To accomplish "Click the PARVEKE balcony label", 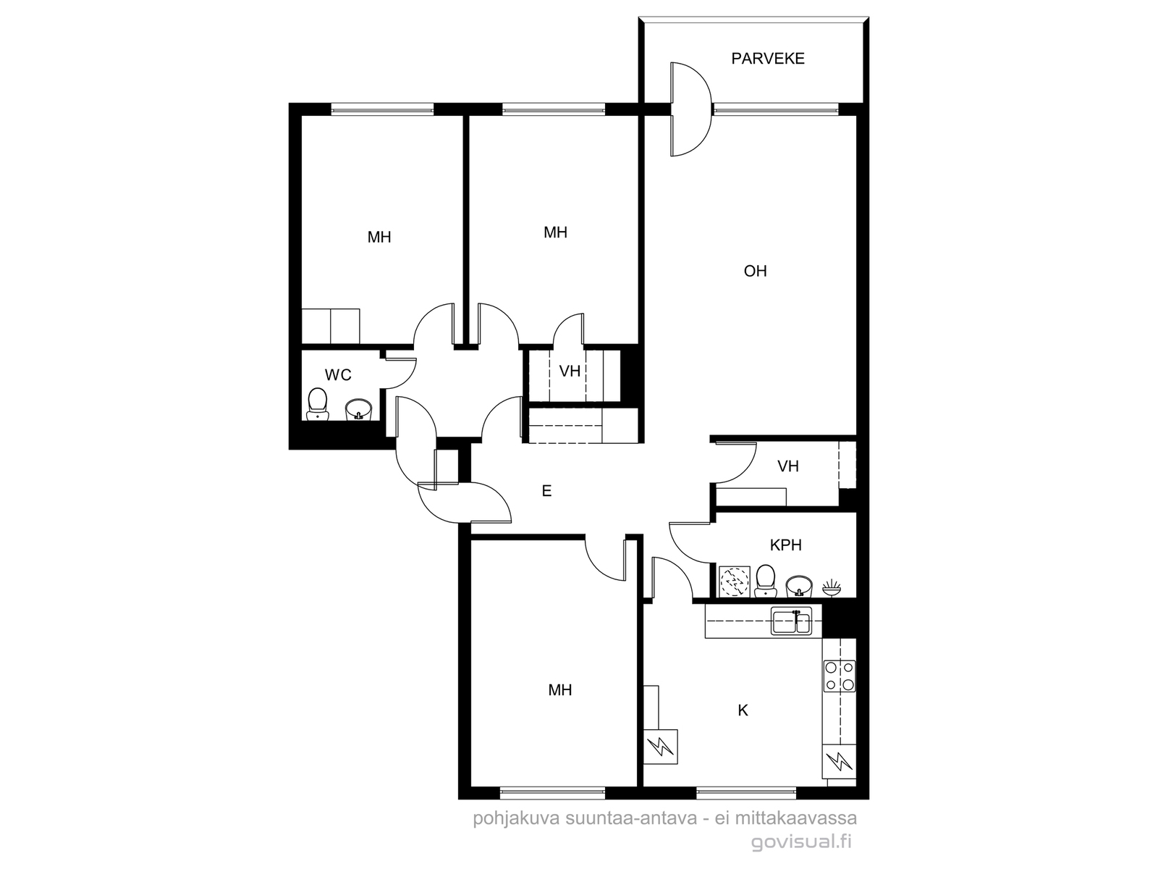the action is [x=768, y=59].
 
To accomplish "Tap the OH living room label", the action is [x=755, y=271].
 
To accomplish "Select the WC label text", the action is [x=338, y=375].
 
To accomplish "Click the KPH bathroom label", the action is [x=785, y=545].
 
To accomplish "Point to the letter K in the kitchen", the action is [x=743, y=710].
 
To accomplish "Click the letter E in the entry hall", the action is [x=546, y=491].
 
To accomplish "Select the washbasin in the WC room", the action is [x=359, y=410].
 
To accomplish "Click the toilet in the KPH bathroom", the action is [x=765, y=581].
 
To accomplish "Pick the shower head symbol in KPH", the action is [x=832, y=588].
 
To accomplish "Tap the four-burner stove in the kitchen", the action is [x=840, y=676].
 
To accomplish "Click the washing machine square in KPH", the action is [x=735, y=582].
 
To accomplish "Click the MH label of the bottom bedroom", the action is [x=559, y=690].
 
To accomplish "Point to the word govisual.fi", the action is [x=801, y=842].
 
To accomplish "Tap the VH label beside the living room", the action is [x=788, y=466].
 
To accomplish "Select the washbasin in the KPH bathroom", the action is [x=799, y=586].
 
